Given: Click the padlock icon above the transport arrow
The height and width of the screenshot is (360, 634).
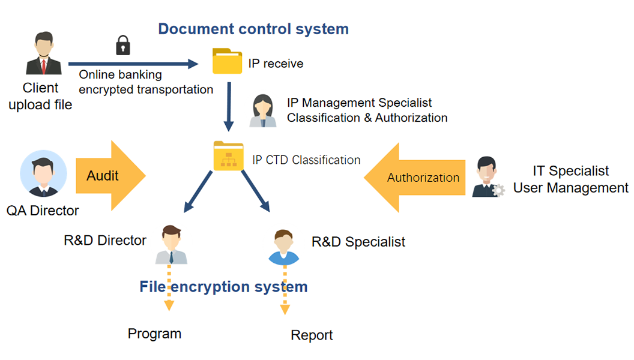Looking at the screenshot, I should (123, 45).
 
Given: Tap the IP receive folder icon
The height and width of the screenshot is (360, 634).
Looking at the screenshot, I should (228, 61).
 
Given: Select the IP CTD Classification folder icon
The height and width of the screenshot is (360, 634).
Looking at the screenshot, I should (229, 157).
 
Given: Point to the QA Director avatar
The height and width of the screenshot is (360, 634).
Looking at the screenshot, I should (44, 174).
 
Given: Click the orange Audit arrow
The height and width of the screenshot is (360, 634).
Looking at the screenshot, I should (110, 176).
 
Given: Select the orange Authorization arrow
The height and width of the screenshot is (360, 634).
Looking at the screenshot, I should (415, 178).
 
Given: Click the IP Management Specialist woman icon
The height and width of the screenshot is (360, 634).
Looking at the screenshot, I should (263, 110).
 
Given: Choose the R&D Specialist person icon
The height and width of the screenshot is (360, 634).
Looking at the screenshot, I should (284, 247).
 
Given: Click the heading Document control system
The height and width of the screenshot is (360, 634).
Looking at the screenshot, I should (253, 28).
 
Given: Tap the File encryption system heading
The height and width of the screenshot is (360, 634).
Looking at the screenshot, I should (223, 287).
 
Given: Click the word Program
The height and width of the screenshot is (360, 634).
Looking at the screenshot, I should (154, 334).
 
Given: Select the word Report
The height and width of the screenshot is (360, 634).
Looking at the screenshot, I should (312, 335).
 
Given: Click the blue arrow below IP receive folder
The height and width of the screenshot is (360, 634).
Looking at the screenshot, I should (229, 107).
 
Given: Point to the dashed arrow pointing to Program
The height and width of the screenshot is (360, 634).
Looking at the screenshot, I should (169, 288).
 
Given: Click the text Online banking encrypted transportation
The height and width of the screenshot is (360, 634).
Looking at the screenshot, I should (146, 82).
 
